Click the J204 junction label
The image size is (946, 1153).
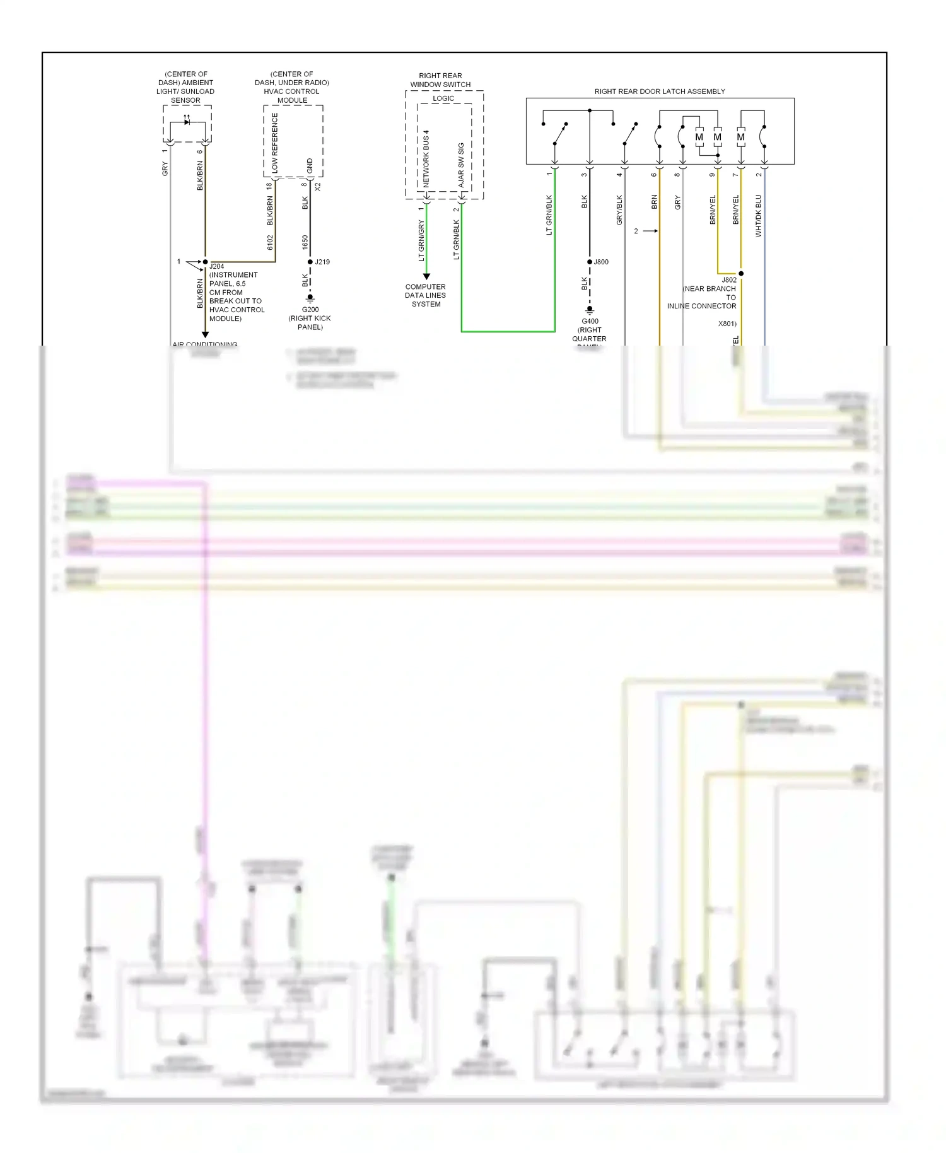coord(216,266)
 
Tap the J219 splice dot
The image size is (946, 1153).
coord(310,262)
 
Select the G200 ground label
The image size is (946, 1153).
coord(310,310)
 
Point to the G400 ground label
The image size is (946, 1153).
coord(590,321)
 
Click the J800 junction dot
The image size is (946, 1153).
coord(590,262)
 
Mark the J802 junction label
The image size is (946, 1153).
coord(728,279)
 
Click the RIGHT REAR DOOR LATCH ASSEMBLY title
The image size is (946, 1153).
coord(660,91)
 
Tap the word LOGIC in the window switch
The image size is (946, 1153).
coord(443,98)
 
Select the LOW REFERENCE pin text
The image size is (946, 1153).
coord(275,143)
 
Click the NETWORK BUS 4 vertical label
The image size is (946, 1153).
coord(426,159)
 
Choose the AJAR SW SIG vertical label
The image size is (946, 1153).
coord(461,165)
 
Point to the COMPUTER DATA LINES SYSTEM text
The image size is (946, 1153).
coord(426,295)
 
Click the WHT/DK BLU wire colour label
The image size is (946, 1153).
coord(758,216)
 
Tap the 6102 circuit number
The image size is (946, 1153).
coord(270,242)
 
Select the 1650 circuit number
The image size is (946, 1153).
coord(305,242)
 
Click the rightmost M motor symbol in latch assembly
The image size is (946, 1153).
coord(740,137)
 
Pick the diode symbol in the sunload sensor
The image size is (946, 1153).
coord(187,122)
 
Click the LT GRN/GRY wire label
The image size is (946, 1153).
coord(421,240)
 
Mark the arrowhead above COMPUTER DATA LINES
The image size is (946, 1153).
coord(426,276)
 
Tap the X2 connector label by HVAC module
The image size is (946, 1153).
coord(318,187)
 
